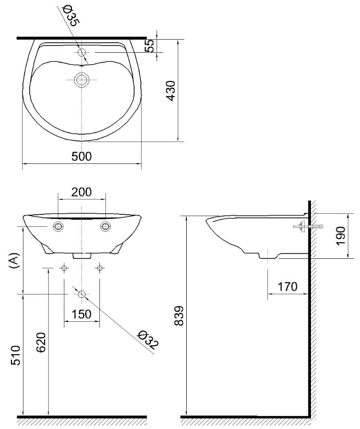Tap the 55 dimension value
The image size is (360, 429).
point(150,45)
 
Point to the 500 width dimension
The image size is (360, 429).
point(81,156)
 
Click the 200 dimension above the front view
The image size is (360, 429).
point(82,192)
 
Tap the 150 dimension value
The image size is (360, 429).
point(81,314)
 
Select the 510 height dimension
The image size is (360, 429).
point(15,356)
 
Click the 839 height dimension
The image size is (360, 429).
point(179,316)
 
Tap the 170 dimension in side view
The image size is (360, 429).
point(288,286)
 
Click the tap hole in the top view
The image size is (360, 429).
point(81,53)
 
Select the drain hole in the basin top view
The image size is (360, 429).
point(81,80)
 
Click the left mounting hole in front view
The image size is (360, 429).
point(58,226)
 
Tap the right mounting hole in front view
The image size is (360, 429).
point(105,226)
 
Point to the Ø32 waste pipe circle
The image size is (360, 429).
point(81,294)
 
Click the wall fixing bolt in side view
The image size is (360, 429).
point(301,226)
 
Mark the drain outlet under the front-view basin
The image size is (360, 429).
point(82,256)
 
